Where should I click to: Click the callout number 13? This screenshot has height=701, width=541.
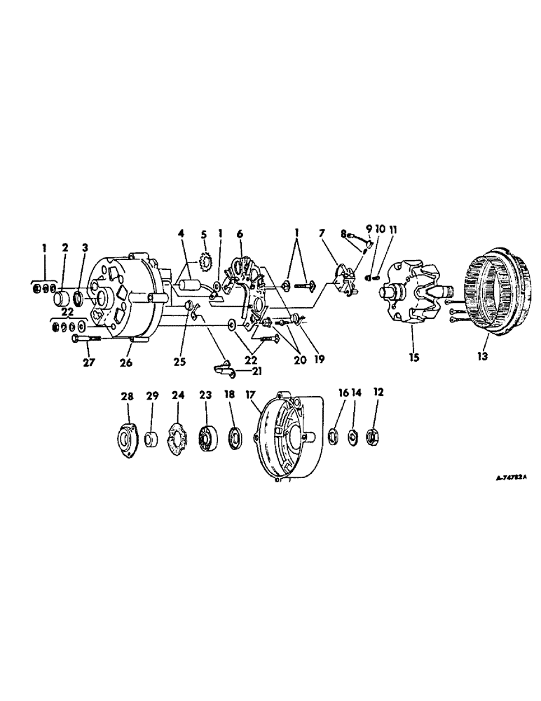pos(484,355)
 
